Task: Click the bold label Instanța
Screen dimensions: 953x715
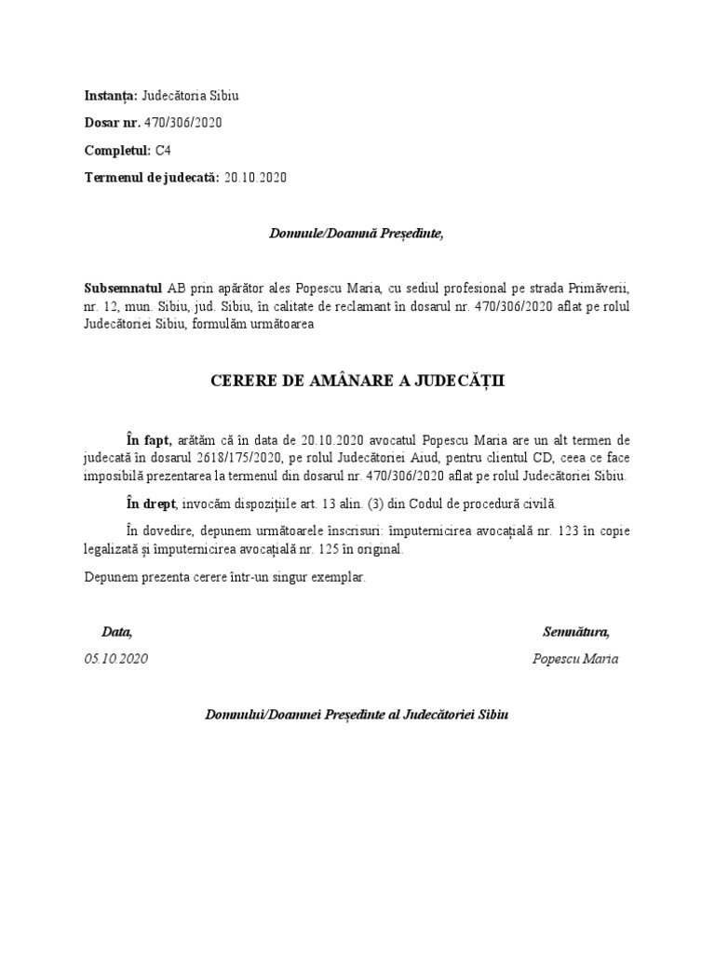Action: point(111,96)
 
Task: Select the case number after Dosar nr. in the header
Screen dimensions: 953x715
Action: point(183,123)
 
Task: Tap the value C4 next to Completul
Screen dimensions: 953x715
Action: point(163,150)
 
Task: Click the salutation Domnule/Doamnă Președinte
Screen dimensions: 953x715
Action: point(357,232)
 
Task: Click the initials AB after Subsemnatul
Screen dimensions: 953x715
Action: point(176,287)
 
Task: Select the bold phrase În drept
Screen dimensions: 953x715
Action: point(152,504)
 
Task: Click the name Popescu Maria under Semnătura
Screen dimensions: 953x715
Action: point(575,659)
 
